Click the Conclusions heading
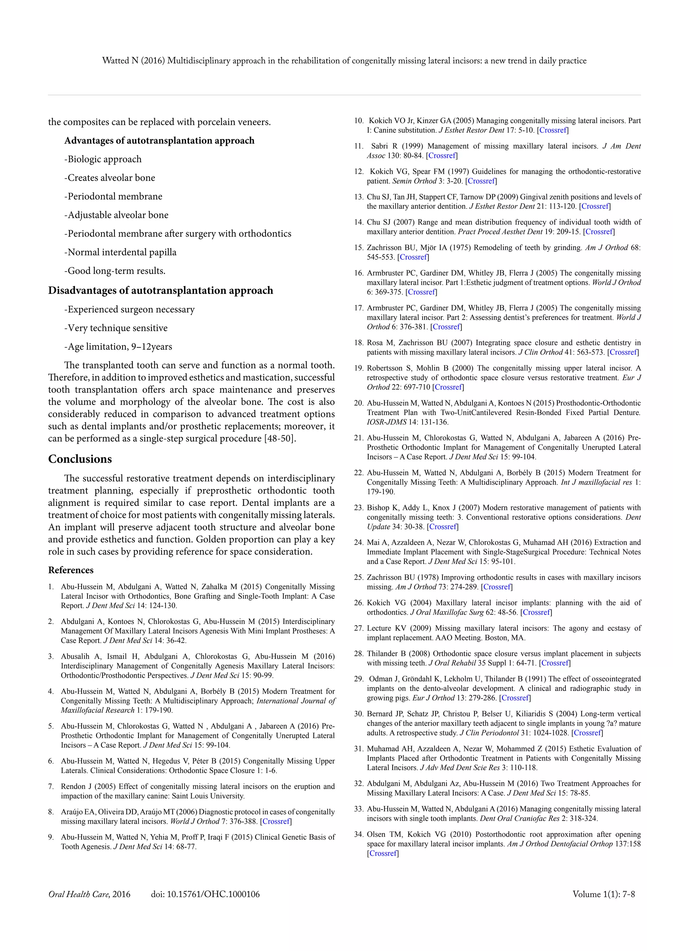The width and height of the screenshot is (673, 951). tap(80, 459)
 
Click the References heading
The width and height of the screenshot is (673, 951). tap(71, 570)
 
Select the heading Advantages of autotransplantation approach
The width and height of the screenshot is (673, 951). tap(159, 141)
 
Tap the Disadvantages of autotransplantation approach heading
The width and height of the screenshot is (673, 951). tap(160, 290)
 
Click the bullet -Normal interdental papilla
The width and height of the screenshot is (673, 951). tap(120, 252)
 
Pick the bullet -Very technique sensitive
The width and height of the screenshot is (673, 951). tap(116, 328)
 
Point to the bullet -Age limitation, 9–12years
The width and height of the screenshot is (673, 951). tap(118, 347)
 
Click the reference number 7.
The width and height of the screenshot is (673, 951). tap(51, 786)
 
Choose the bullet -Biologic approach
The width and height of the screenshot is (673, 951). tap(103, 159)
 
